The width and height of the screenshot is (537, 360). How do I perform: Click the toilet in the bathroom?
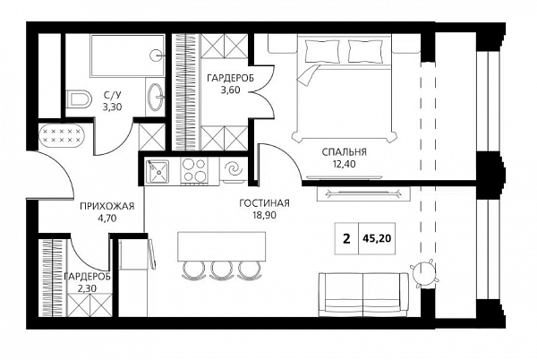[x=80, y=99]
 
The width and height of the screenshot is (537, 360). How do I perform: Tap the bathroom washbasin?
[x=157, y=97]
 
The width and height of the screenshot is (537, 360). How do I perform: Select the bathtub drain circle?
[x=156, y=54]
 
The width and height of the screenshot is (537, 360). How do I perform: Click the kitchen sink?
[x=158, y=171]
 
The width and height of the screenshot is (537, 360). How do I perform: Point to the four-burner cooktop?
[x=194, y=170]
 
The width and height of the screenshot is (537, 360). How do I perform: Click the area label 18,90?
[x=264, y=215]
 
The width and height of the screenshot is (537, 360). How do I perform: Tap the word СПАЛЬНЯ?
[x=344, y=151]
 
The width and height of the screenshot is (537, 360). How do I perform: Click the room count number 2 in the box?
[x=347, y=238]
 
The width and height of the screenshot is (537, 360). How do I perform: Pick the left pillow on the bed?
[x=322, y=51]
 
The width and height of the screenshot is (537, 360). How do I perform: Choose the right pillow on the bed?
[x=365, y=51]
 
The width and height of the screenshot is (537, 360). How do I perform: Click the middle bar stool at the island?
[x=221, y=270]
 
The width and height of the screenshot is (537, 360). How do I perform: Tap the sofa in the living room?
[x=363, y=295]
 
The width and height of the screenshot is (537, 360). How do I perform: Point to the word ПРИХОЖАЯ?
[x=107, y=206]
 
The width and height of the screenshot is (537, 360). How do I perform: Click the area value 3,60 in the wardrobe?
[x=231, y=90]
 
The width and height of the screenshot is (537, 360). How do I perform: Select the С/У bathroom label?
[x=113, y=95]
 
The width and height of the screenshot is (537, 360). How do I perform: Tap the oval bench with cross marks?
[x=62, y=134]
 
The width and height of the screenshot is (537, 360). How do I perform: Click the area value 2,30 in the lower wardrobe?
[x=88, y=288]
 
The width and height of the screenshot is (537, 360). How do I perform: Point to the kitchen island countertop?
[x=222, y=246]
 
